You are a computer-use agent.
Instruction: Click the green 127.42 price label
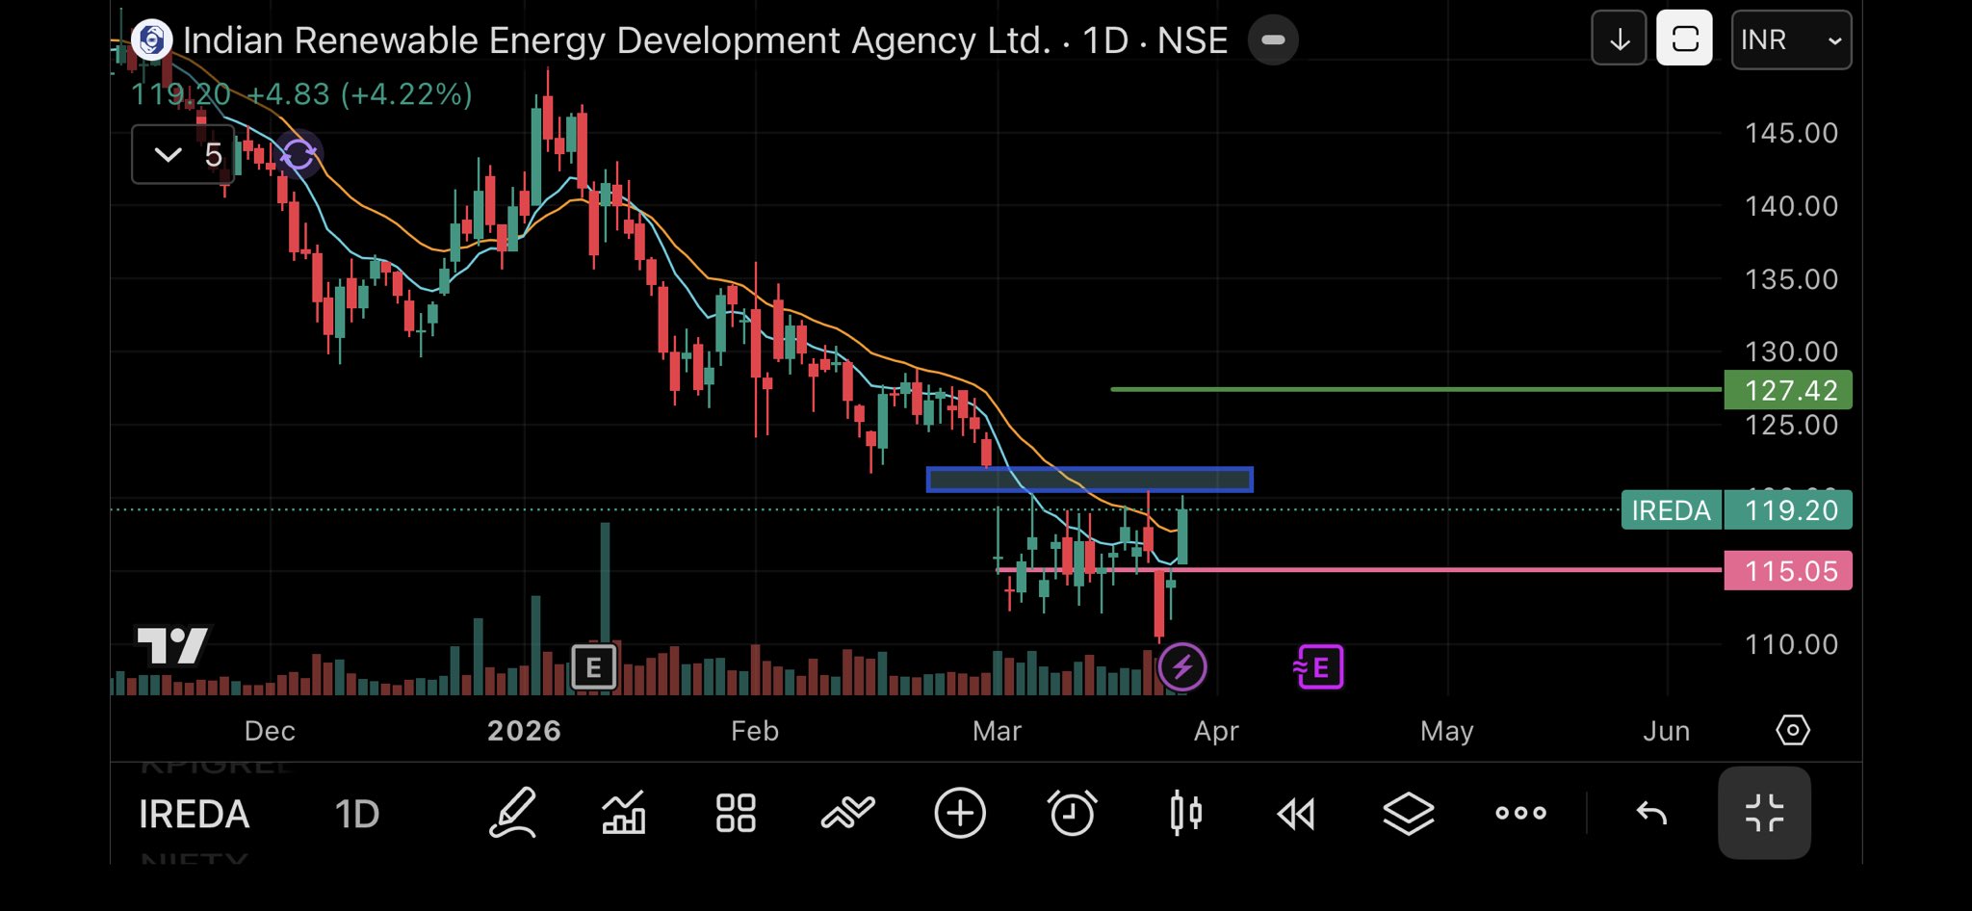(x=1788, y=390)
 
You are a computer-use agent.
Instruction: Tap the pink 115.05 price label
(x=1788, y=571)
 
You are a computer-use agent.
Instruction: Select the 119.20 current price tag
(x=1788, y=510)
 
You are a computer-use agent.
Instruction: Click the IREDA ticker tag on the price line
(x=1671, y=510)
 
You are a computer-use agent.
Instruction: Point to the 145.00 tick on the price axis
(x=1791, y=133)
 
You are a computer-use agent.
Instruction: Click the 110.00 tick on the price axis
(x=1791, y=644)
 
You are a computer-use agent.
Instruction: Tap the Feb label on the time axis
(x=754, y=731)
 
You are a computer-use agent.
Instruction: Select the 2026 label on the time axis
(x=524, y=731)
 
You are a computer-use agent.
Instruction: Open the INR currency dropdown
(x=1791, y=39)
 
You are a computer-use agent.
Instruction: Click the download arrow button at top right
(x=1619, y=39)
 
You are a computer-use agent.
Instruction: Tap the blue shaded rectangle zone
(x=1089, y=480)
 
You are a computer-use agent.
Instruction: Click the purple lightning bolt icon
(x=1182, y=666)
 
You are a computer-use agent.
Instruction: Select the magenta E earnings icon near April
(x=1319, y=666)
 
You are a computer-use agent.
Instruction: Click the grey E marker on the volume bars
(x=593, y=666)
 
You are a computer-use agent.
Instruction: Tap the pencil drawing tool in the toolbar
(x=512, y=814)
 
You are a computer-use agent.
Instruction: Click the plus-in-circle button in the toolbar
(x=960, y=814)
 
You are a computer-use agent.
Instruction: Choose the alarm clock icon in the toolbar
(x=1072, y=814)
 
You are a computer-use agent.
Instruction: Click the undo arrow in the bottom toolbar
(x=1651, y=814)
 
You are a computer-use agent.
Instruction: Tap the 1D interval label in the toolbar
(x=357, y=815)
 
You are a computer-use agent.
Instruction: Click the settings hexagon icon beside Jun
(x=1792, y=730)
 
